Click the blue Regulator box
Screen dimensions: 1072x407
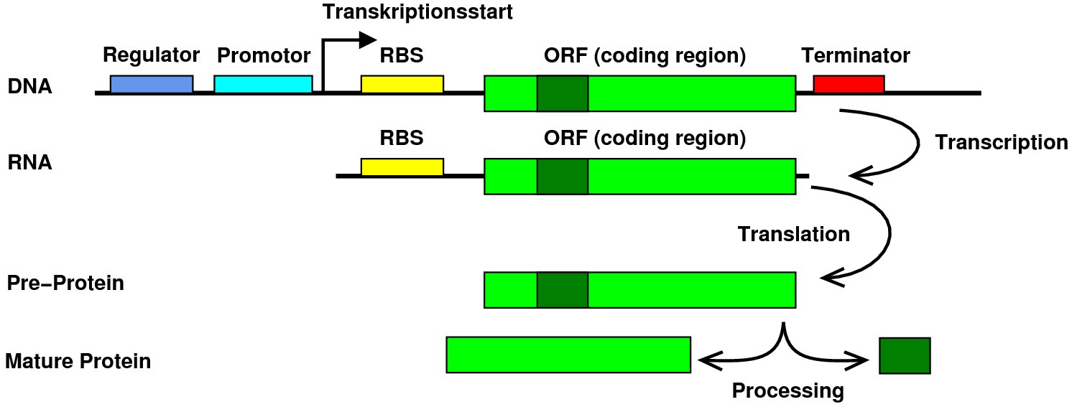click(x=152, y=84)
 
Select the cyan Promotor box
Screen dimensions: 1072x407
click(x=263, y=84)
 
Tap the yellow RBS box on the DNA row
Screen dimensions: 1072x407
click(x=402, y=84)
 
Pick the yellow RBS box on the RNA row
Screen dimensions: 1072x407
click(x=402, y=167)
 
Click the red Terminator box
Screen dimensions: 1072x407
click(x=849, y=84)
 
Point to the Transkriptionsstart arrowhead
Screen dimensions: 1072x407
click(x=369, y=40)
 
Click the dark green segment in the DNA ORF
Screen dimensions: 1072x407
click(x=563, y=93)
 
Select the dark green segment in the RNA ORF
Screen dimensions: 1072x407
click(x=563, y=177)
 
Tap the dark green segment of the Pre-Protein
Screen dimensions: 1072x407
click(x=563, y=290)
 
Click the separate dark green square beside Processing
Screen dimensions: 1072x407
click(x=905, y=355)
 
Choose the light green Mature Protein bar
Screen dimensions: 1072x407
click(x=568, y=355)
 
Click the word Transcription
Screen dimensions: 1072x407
click(x=1002, y=143)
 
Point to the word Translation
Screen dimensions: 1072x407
click(x=794, y=234)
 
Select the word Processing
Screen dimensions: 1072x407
click(x=788, y=391)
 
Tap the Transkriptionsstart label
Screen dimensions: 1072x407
click(x=417, y=12)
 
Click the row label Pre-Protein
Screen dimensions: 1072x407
click(x=65, y=283)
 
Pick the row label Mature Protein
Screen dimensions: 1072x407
click(x=78, y=361)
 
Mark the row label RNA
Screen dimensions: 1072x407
click(x=29, y=163)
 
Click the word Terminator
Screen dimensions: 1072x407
click(x=856, y=55)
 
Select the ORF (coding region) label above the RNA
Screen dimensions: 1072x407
click(x=645, y=139)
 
